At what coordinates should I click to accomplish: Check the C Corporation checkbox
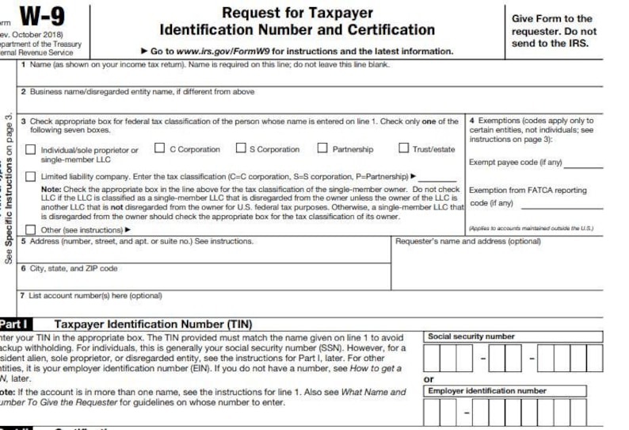pyautogui.click(x=159, y=148)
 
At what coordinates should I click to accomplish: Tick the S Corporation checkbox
pyautogui.click(x=241, y=148)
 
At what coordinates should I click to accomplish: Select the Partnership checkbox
pyautogui.click(x=322, y=148)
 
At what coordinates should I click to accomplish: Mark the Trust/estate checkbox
pyautogui.click(x=404, y=148)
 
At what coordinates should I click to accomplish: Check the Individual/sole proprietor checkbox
pyautogui.click(x=30, y=150)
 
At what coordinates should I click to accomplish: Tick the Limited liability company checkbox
pyautogui.click(x=30, y=176)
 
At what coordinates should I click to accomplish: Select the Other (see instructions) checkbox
pyautogui.click(x=30, y=229)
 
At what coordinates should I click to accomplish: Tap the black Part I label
pyautogui.click(x=16, y=324)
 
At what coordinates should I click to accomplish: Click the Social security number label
pyautogui.click(x=471, y=336)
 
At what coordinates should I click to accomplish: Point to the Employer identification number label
pyautogui.click(x=487, y=390)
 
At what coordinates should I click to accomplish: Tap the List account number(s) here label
pyautogui.click(x=95, y=295)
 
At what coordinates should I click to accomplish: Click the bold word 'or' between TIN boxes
pyautogui.click(x=429, y=378)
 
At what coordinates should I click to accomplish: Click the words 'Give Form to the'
pyautogui.click(x=552, y=18)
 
